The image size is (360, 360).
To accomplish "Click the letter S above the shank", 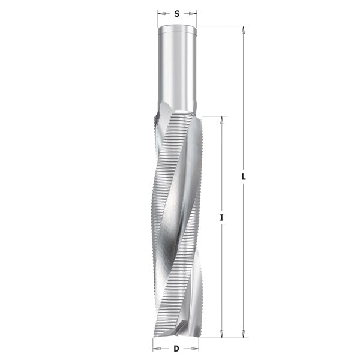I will pyautogui.click(x=177, y=12).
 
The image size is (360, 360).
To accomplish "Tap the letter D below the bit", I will pyautogui.click(x=176, y=348).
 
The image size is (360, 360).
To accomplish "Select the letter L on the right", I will pyautogui.click(x=244, y=178).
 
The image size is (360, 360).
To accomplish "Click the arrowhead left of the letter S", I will pyautogui.click(x=160, y=12).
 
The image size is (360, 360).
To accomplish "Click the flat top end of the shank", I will pyautogui.click(x=177, y=27).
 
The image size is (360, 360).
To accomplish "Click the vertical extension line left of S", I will pyautogui.click(x=158, y=18).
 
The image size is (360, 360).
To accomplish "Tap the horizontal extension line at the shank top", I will pyautogui.click(x=222, y=26).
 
